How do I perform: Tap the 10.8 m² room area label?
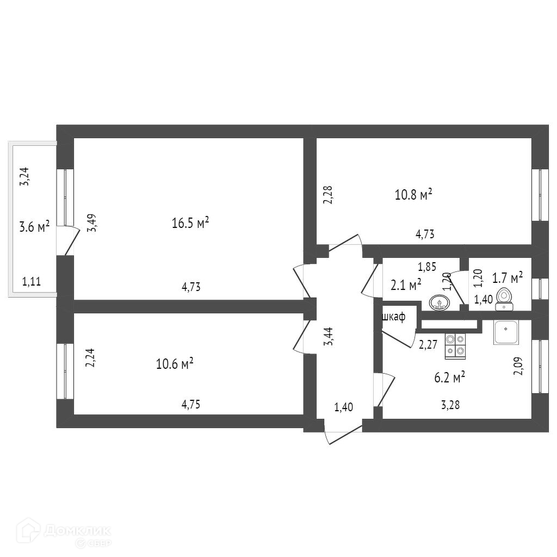pos(413,194)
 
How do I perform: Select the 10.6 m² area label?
pos(175,363)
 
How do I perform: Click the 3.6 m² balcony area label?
pos(34,227)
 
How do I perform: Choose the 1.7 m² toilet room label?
pos(507,278)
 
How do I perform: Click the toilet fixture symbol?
pos(505,299)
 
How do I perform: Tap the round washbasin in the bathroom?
pos(438,302)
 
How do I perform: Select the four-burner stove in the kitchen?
pos(456,346)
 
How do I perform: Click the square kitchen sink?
pos(508,332)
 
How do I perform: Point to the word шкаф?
pos(394,318)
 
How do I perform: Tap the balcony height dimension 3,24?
pos(24,176)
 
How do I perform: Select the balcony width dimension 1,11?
pos(31,281)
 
